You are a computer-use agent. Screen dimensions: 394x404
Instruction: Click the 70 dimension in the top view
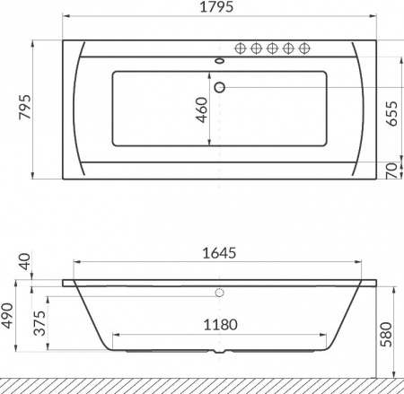click(x=391, y=171)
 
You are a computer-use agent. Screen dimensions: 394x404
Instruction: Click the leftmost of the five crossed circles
click(x=241, y=49)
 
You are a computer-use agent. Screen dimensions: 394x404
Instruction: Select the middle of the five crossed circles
click(x=273, y=49)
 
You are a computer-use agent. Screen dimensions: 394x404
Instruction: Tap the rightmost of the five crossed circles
click(x=305, y=49)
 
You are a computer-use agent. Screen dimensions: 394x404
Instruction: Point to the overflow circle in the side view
click(x=219, y=292)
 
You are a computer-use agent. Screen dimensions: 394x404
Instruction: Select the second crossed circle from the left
click(x=257, y=49)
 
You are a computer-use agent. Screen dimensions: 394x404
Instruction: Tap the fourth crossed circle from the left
click(x=289, y=49)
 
